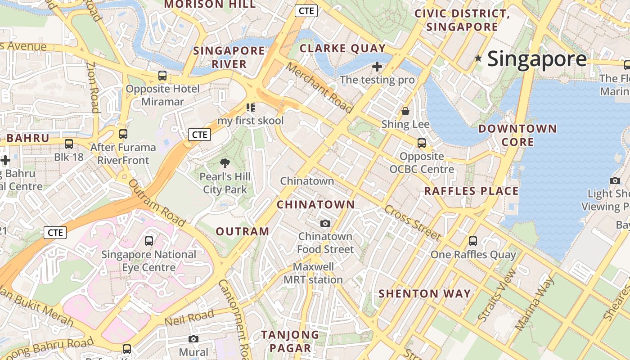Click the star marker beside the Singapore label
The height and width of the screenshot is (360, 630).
pyautogui.click(x=478, y=58)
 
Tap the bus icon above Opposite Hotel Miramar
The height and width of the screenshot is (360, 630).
pyautogui.click(x=162, y=76)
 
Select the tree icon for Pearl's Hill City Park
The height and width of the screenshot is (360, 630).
pyautogui.click(x=225, y=163)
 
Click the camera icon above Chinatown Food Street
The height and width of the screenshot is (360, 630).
pyautogui.click(x=325, y=223)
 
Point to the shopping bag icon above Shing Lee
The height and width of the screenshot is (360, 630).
pyautogui.click(x=405, y=111)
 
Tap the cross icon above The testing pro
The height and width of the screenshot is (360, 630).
pyautogui.click(x=377, y=67)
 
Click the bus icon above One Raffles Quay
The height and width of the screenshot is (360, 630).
pyautogui.click(x=473, y=241)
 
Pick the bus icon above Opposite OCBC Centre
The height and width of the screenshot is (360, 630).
pyautogui.click(x=422, y=143)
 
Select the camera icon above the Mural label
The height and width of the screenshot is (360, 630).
pyautogui.click(x=193, y=339)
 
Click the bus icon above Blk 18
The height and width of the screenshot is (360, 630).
pyautogui.click(x=69, y=144)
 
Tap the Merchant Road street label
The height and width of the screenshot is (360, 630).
pyautogui.click(x=319, y=88)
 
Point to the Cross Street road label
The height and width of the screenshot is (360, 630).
pyautogui.click(x=412, y=223)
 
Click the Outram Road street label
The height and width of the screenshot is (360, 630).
pyautogui.click(x=157, y=203)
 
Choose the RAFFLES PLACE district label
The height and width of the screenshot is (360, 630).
pyautogui.click(x=471, y=191)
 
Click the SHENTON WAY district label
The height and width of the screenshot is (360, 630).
pyautogui.click(x=424, y=294)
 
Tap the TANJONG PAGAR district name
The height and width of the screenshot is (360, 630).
pyautogui.click(x=290, y=341)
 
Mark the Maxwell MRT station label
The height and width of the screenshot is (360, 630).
pyautogui.click(x=313, y=273)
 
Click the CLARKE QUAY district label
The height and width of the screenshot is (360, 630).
pyautogui.click(x=342, y=49)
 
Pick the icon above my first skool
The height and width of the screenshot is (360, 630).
pyautogui.click(x=251, y=108)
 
